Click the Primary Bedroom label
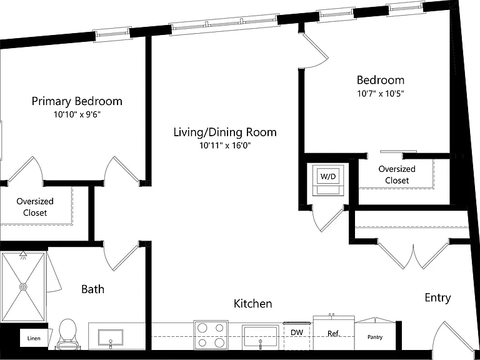77,101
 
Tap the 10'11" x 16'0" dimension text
225,146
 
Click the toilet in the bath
67,334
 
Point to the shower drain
23,287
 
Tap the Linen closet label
34,338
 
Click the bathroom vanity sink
111,337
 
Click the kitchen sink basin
260,336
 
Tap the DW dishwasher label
297,332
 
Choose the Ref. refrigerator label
334,333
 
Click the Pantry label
375,337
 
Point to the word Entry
437,297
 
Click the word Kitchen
253,304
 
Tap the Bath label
92,289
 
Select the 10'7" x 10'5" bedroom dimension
381,93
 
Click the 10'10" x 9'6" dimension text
77,114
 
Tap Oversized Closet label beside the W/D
397,174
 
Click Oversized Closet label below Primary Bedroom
35,207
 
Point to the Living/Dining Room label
225,132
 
